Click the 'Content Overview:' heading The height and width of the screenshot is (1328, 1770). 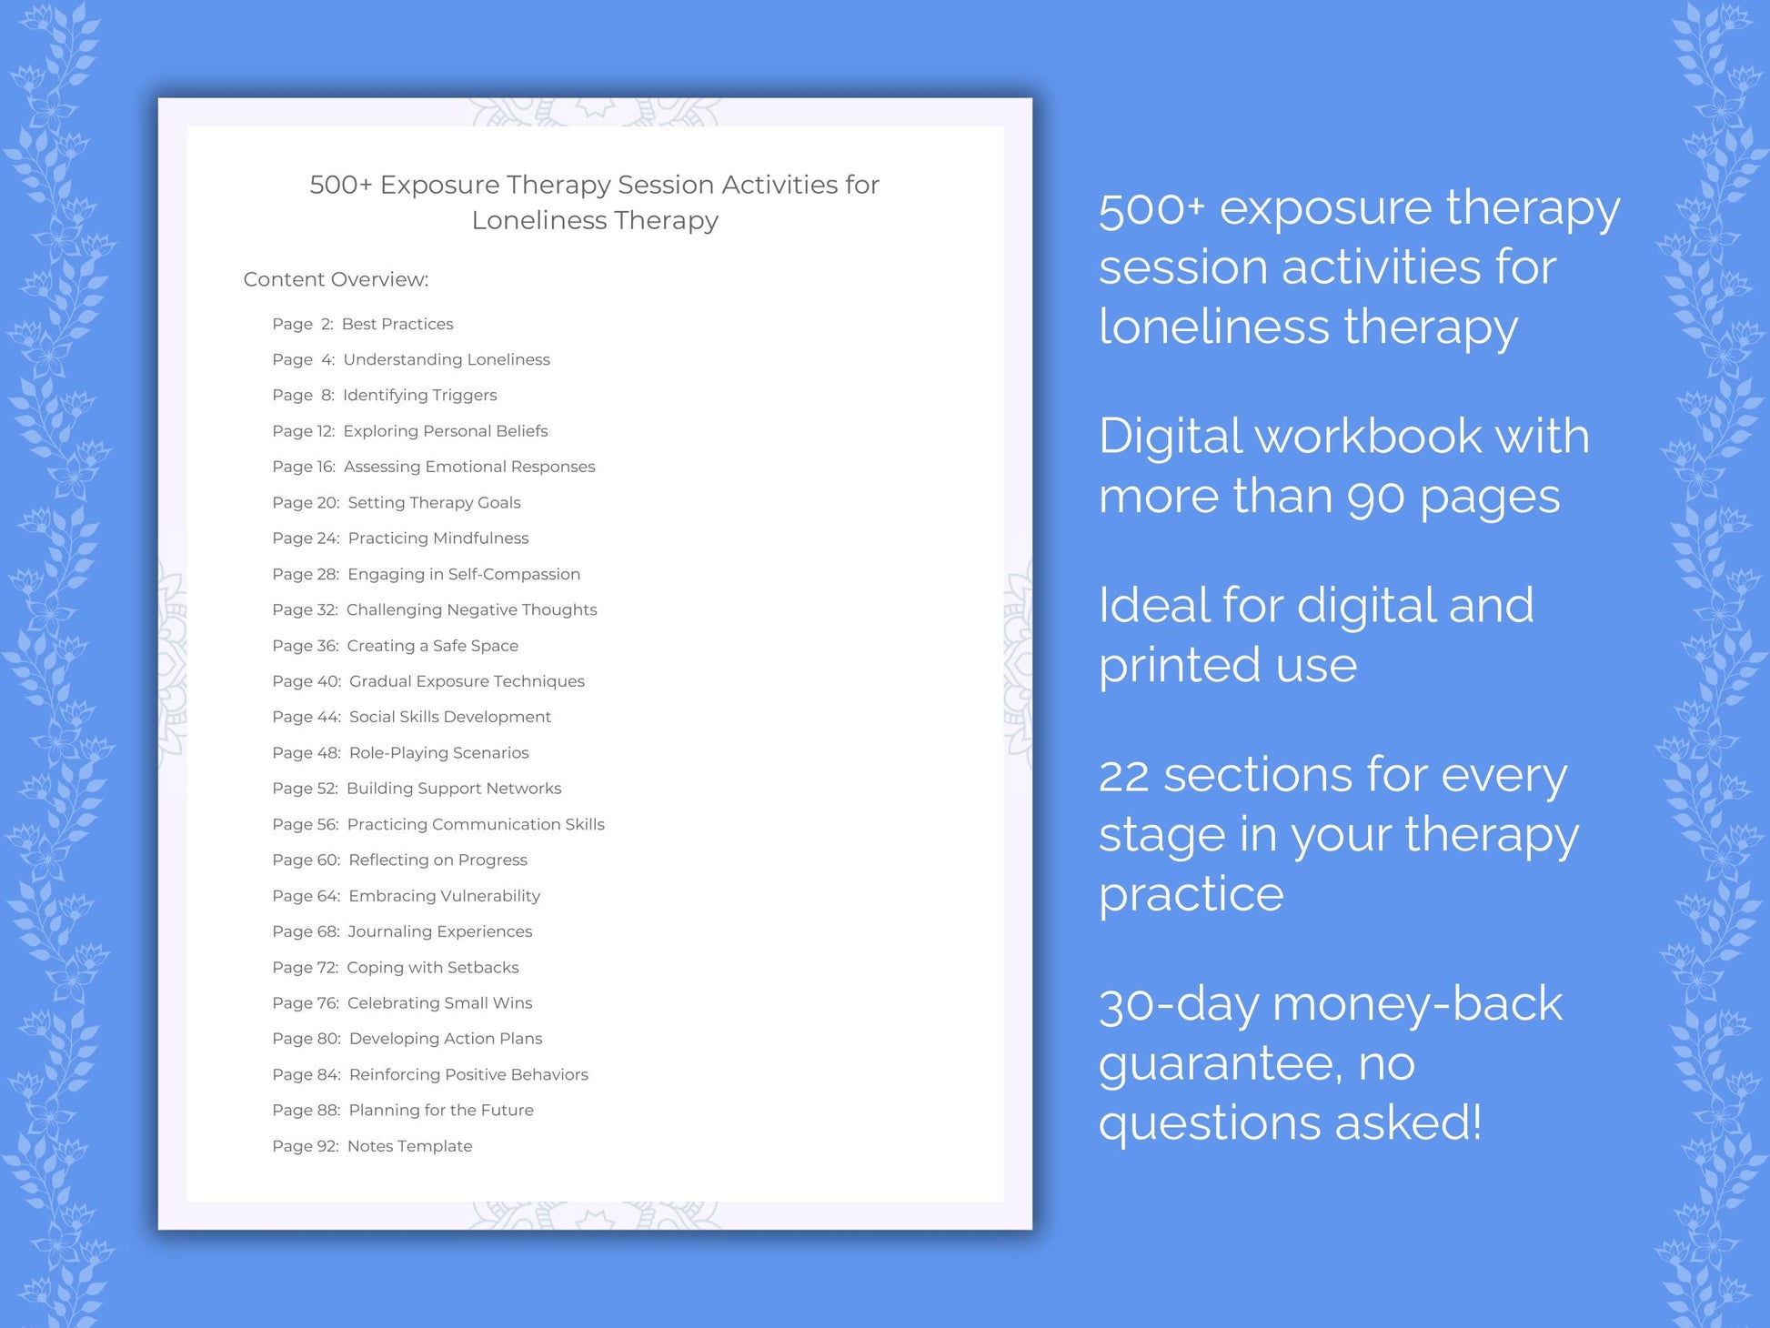coord(336,279)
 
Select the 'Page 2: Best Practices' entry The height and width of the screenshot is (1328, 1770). coord(362,324)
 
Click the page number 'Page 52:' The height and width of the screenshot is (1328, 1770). coord(305,788)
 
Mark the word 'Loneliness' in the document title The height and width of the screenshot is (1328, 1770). coord(538,220)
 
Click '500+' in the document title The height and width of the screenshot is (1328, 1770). coord(340,185)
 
